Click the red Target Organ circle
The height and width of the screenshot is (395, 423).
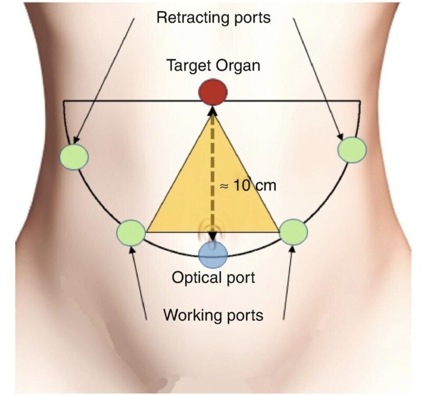click(213, 92)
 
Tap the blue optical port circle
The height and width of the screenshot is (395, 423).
click(213, 254)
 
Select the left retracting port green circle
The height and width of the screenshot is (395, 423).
click(74, 157)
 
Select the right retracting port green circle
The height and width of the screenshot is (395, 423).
click(352, 150)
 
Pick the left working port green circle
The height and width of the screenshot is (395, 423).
click(131, 233)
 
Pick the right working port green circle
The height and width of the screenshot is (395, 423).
click(293, 232)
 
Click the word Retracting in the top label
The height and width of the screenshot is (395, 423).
click(188, 18)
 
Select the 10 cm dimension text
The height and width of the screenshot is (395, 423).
click(255, 186)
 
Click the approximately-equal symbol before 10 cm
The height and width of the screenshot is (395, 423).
click(225, 186)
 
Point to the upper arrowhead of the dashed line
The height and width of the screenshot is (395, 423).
click(213, 110)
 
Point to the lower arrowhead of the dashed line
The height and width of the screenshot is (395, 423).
click(213, 236)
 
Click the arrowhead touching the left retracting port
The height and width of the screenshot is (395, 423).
click(77, 139)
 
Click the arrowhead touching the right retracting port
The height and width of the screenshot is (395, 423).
click(341, 136)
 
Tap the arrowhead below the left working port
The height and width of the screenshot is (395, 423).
click(132, 251)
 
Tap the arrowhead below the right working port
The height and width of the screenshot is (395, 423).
click(293, 250)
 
